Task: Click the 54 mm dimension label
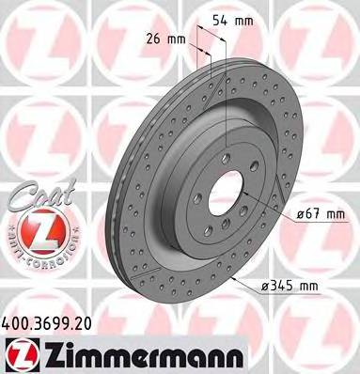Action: (x=232, y=21)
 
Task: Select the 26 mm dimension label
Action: (x=165, y=39)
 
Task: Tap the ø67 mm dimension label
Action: (x=321, y=214)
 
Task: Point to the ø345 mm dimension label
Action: (x=290, y=286)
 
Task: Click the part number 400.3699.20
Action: (x=47, y=323)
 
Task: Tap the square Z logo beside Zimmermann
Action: (x=22, y=354)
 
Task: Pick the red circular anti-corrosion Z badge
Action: (x=41, y=231)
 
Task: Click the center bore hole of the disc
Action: (x=226, y=193)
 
